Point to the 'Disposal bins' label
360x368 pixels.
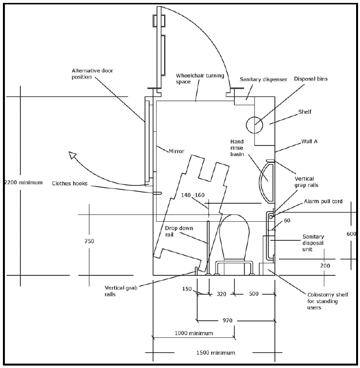tap(311, 79)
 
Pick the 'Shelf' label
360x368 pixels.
tap(304, 112)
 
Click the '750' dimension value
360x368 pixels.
tap(88, 240)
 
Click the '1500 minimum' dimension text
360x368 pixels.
tap(215, 352)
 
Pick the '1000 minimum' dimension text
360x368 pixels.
tap(194, 333)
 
